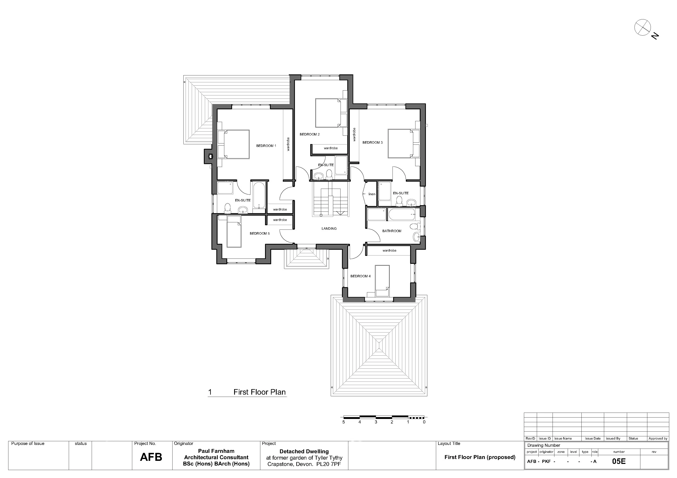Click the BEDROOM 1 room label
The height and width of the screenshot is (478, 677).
[x=266, y=146]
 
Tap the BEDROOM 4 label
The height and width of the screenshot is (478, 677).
[x=360, y=276]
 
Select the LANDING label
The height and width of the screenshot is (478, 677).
[x=329, y=228]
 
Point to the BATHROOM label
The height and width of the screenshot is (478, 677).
[x=392, y=231]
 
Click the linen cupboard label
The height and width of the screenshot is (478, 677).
[x=372, y=194]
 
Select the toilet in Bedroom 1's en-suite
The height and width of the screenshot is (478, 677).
[x=227, y=208]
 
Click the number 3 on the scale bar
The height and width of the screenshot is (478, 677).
[x=376, y=422]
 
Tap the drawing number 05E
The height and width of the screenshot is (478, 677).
[x=619, y=461]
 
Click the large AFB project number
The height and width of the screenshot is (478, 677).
[x=151, y=457]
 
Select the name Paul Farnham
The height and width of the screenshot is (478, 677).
[x=216, y=451]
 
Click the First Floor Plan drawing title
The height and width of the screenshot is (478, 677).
[x=260, y=392]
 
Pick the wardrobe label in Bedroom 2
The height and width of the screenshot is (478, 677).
[x=331, y=148]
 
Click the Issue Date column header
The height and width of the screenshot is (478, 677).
[x=593, y=439]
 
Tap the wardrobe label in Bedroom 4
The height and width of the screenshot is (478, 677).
[x=389, y=251]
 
